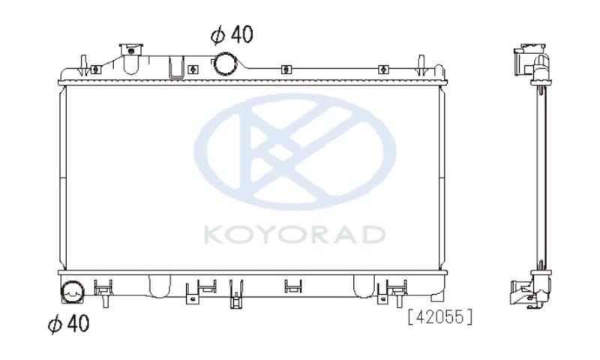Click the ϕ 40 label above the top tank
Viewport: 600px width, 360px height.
coord(232,34)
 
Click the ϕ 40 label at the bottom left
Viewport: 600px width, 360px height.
coord(68,324)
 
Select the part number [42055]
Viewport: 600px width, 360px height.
coord(440,317)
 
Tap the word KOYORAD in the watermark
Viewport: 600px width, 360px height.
coord(294,235)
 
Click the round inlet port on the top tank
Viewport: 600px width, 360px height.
coord(225,64)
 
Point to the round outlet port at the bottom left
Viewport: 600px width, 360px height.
coord(73,292)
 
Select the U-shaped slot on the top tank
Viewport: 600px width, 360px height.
coord(176,67)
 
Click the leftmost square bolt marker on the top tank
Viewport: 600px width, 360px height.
coord(96,70)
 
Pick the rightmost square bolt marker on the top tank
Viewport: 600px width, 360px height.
coord(383,70)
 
